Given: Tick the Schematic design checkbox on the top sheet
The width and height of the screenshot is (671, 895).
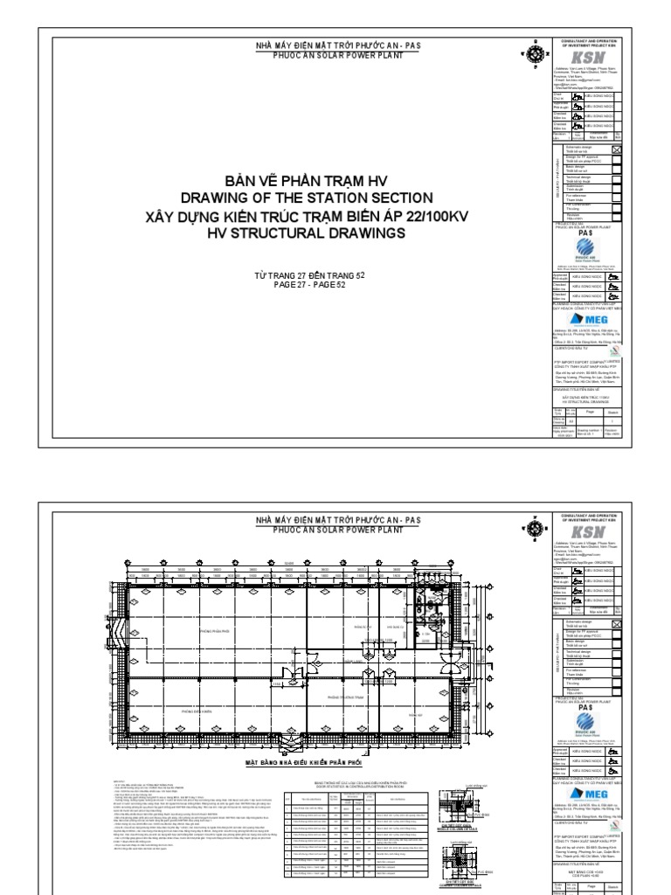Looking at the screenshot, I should pos(617,150).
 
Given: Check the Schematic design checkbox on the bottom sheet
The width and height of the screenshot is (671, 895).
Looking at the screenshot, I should pos(617,623).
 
